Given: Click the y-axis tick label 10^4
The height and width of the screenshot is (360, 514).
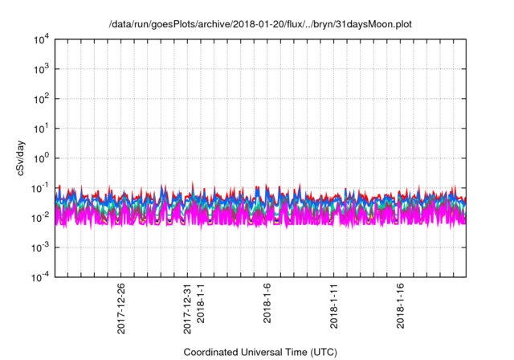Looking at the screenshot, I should (x=41, y=40).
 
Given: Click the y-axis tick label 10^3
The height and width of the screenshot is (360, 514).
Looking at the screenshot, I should (x=41, y=70).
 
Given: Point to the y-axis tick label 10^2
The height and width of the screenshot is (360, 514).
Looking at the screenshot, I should (x=41, y=100).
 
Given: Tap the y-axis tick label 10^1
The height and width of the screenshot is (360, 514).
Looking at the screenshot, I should (x=41, y=129).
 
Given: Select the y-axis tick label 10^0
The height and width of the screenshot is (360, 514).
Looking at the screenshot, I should (x=41, y=158).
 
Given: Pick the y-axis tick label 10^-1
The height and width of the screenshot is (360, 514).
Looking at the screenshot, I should (x=41, y=188).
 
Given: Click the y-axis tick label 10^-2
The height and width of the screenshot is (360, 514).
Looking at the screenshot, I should (x=41, y=218).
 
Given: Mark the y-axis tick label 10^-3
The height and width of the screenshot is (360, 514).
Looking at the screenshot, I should (x=41, y=247).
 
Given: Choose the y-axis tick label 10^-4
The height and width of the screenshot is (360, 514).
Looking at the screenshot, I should (x=41, y=276).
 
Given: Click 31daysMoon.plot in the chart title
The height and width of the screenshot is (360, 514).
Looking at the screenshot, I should (x=368, y=24).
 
